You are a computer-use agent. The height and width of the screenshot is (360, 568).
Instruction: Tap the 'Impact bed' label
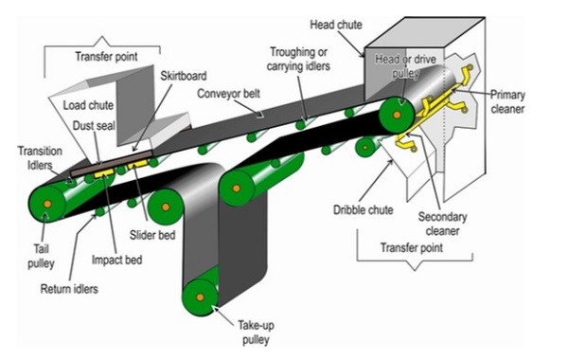pyautogui.click(x=116, y=260)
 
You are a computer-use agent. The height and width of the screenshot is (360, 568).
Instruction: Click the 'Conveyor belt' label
pyautogui.click(x=230, y=95)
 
